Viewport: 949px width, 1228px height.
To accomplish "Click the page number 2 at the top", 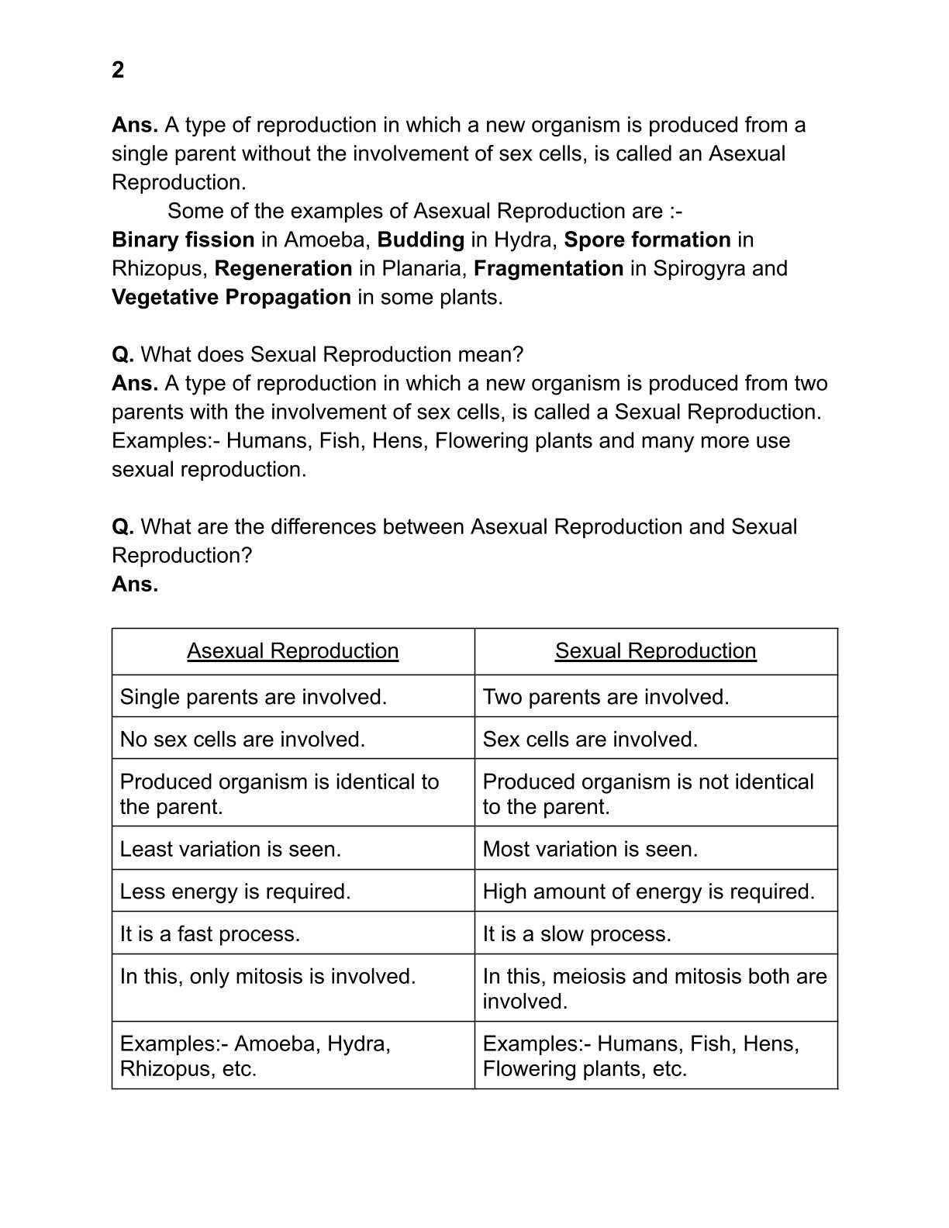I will click(x=118, y=70).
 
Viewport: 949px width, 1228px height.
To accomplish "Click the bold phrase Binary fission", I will click(x=183, y=240).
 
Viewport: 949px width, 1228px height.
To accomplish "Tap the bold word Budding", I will click(x=420, y=240).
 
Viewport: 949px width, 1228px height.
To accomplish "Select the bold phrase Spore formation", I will click(x=647, y=240).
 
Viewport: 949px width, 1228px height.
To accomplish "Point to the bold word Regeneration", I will click(x=283, y=268).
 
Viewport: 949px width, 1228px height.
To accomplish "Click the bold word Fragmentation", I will click(x=548, y=268).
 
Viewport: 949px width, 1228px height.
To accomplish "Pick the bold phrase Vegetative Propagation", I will click(x=231, y=297).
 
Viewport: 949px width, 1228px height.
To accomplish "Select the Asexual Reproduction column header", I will click(x=292, y=650).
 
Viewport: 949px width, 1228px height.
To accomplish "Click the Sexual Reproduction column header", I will click(x=655, y=650).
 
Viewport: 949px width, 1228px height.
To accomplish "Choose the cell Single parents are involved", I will click(x=253, y=697).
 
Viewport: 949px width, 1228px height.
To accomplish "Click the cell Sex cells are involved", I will click(x=590, y=739).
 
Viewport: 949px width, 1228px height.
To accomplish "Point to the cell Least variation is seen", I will click(x=230, y=849).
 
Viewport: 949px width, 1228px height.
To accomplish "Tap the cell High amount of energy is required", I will click(x=648, y=892).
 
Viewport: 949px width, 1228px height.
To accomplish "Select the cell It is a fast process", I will click(x=209, y=933).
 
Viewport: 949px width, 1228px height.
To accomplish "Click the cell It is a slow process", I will click(x=577, y=933).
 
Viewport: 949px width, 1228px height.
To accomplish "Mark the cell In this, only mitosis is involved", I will click(x=267, y=976).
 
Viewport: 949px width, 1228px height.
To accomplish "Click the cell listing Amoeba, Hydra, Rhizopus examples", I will click(x=254, y=1056).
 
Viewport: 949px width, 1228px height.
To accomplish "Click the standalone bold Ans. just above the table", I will click(x=135, y=584).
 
